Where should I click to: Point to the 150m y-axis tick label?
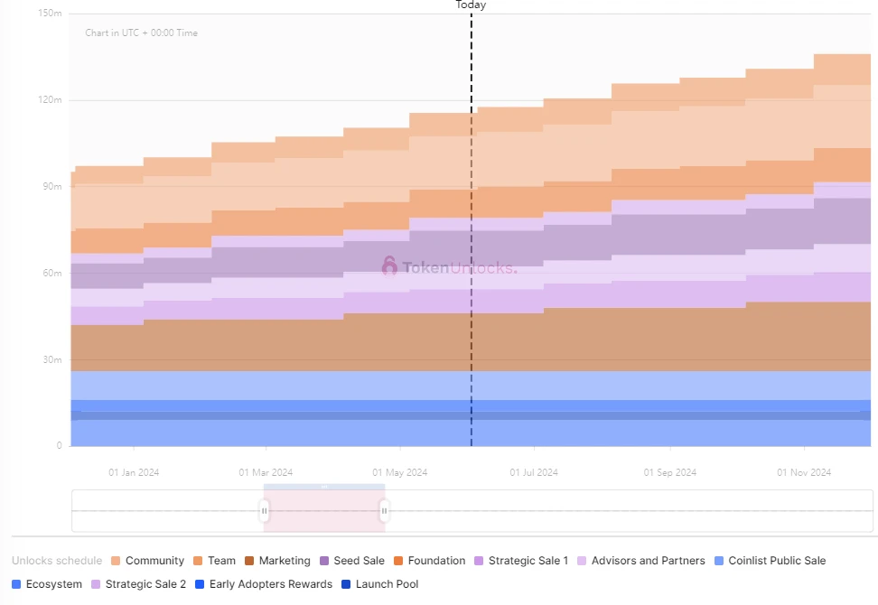(x=51, y=14)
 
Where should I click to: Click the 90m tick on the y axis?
(x=52, y=187)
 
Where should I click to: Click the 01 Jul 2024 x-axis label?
(x=534, y=472)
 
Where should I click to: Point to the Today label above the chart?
(x=471, y=5)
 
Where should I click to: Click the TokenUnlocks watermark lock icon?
(x=389, y=266)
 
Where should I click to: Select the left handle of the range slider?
(x=264, y=512)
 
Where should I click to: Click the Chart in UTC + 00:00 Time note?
(x=141, y=33)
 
